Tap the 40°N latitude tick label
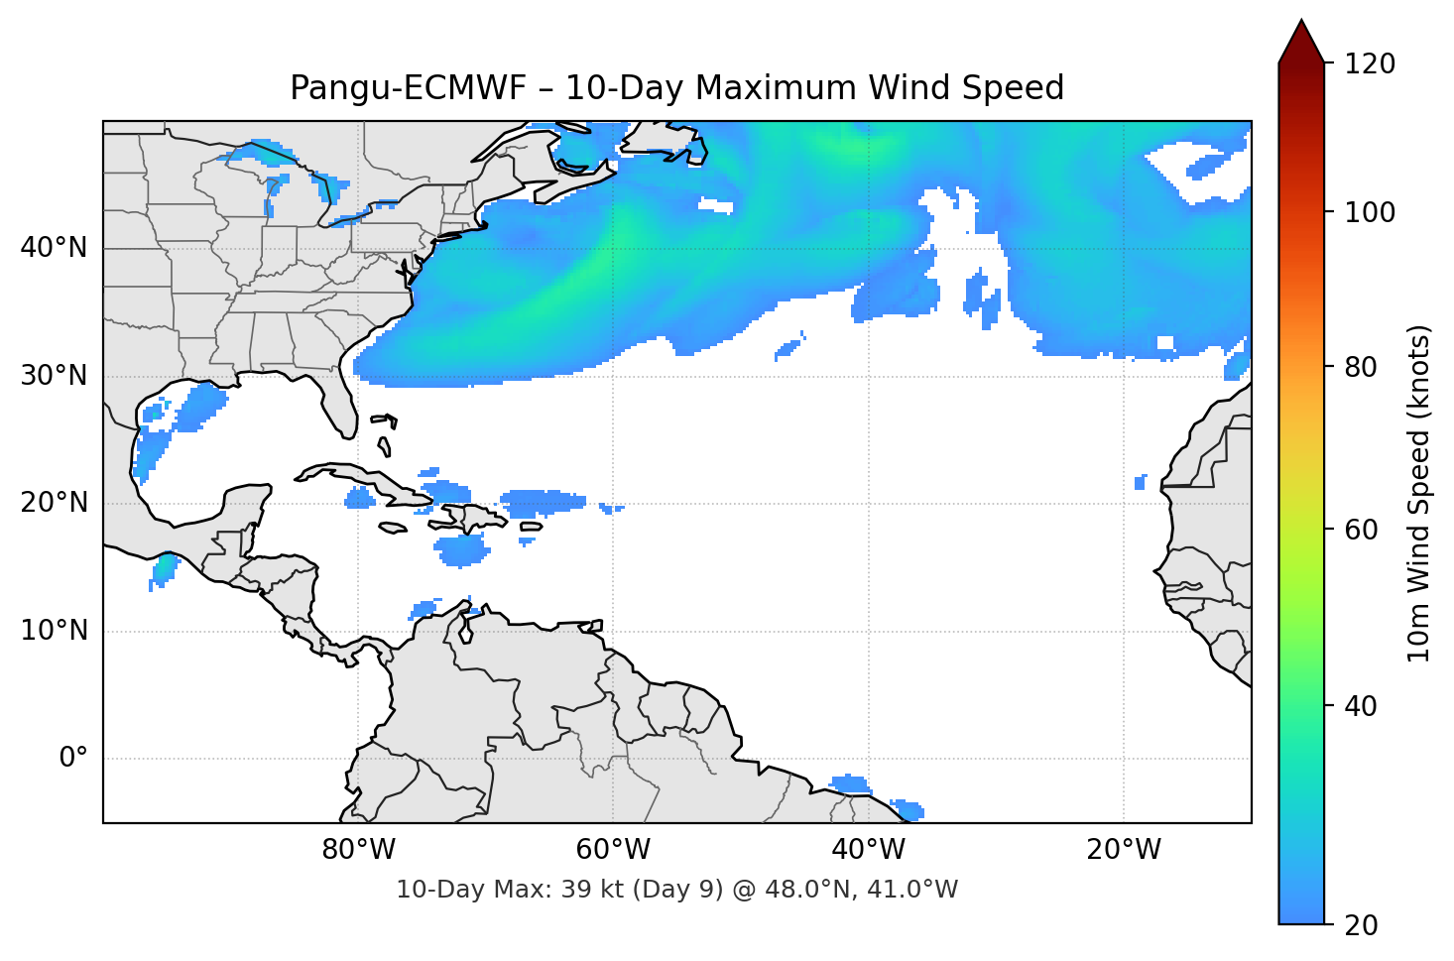click(54, 248)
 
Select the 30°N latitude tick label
click(54, 376)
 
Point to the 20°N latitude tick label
click(54, 503)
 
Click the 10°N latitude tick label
click(54, 631)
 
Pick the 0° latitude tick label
click(72, 759)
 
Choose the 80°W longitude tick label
click(358, 850)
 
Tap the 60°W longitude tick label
click(613, 850)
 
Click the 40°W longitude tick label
click(868, 850)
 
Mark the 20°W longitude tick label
click(1123, 850)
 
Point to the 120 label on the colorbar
click(1370, 63)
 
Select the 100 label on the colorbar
click(1370, 212)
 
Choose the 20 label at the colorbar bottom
click(1361, 925)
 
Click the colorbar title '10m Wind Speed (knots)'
click(1419, 493)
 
